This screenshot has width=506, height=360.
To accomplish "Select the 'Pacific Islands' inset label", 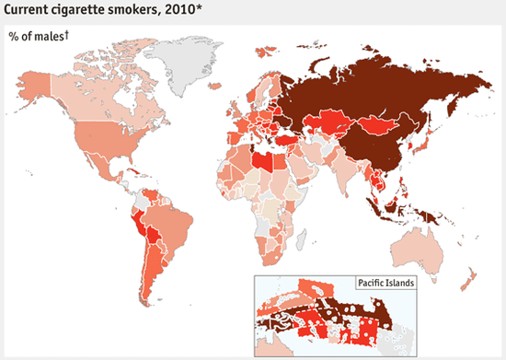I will (384, 283).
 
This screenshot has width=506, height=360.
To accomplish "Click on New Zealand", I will (467, 280).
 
